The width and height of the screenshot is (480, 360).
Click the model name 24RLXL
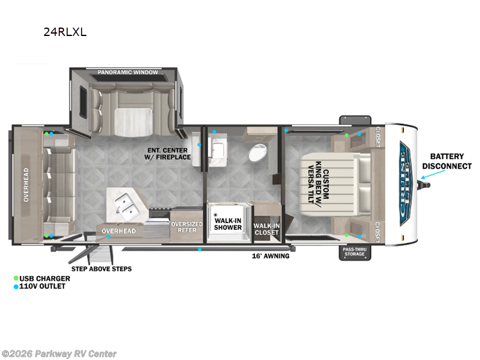point(65,32)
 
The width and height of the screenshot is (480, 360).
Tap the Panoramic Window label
point(128,72)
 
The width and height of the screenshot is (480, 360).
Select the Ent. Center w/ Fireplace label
point(167,154)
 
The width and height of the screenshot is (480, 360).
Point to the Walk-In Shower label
point(228,224)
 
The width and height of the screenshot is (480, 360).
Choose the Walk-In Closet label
point(266,229)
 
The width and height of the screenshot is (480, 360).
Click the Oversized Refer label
point(187,227)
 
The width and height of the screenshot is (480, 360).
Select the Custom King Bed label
point(318,182)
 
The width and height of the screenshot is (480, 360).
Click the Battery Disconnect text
point(446,161)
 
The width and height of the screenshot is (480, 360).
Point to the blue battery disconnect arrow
point(433,174)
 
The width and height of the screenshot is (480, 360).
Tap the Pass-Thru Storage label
point(355,251)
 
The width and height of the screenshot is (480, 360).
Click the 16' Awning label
point(271,256)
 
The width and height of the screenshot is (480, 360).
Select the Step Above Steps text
point(101,269)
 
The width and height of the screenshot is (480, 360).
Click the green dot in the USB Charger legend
point(16,278)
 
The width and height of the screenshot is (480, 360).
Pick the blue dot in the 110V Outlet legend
point(16,287)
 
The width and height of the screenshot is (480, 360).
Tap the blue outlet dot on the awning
point(200,250)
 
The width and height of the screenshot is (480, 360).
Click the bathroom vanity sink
point(218,151)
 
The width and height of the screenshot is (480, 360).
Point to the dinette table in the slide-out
point(133,122)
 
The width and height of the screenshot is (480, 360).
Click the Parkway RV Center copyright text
point(59,354)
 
